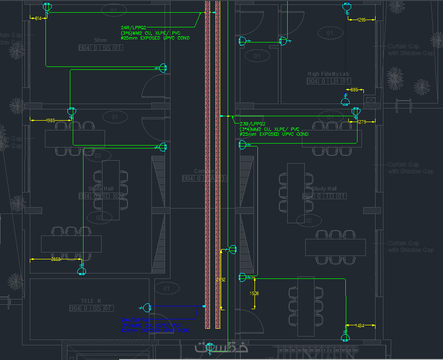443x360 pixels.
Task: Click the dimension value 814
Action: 38,18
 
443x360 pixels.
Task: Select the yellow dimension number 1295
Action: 361,20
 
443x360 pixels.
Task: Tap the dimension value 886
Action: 354,90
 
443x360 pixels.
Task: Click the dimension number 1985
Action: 50,120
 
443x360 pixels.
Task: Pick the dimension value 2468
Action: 56,259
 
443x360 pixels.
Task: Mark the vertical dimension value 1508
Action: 254,294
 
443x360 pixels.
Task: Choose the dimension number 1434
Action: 359,325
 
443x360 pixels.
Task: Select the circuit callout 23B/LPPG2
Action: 252,124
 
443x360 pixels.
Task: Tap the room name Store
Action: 100,40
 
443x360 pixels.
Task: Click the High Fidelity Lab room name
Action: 329,74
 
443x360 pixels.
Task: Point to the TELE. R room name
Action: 91,300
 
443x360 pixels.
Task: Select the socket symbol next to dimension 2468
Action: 82,270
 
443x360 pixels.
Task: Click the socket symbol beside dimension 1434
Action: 345,337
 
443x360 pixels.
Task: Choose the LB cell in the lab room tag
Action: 335,81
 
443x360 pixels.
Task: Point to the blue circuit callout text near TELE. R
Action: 151,325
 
